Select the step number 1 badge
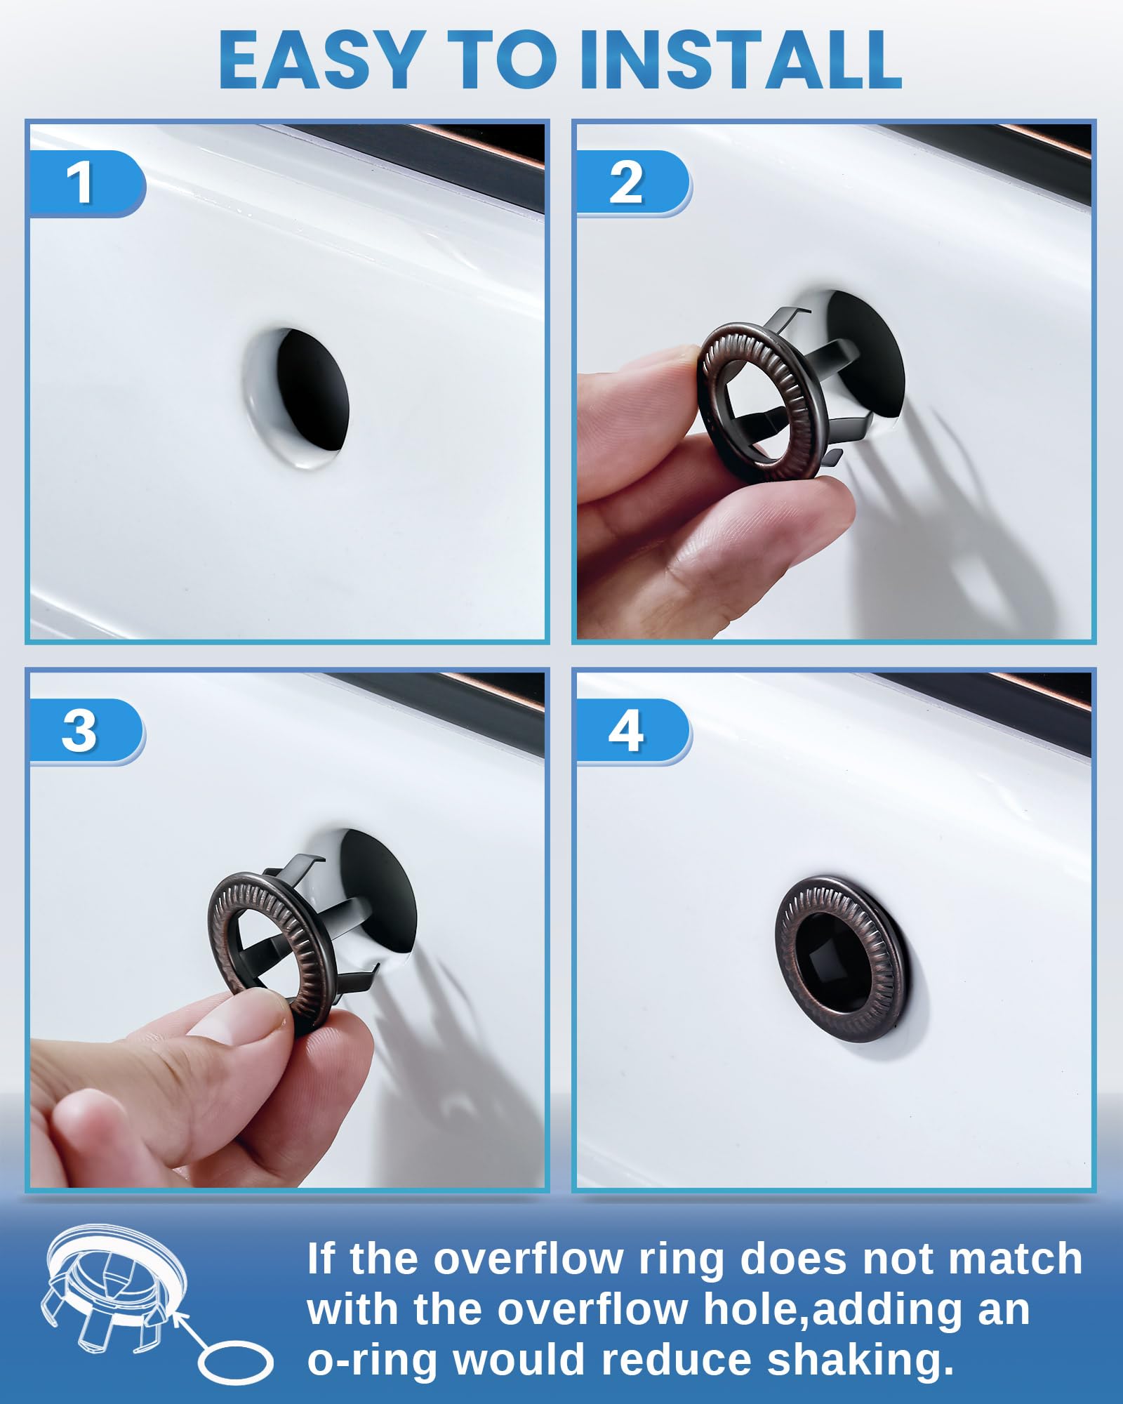81,183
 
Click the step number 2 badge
626,183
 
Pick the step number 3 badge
79,731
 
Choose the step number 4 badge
626,731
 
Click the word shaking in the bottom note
860,1359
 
